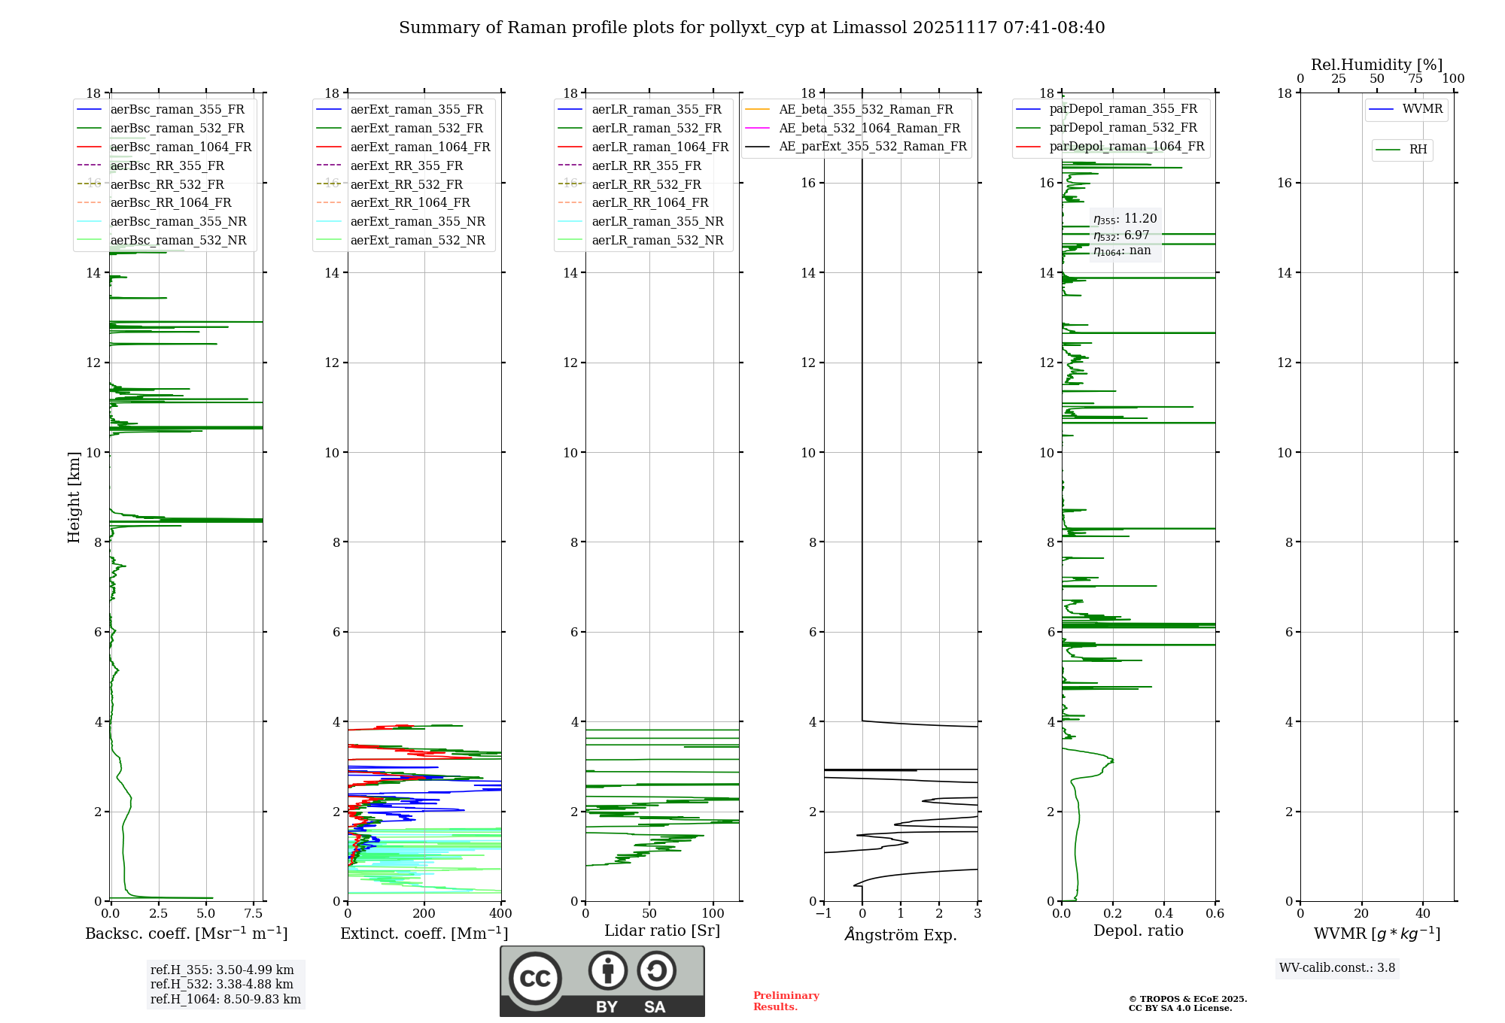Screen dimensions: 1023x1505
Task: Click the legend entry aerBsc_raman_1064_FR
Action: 181,147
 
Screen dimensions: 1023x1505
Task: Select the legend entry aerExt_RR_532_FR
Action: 406,184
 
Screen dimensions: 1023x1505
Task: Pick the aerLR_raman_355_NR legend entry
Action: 657,221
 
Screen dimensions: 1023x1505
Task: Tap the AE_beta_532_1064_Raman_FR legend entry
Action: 869,128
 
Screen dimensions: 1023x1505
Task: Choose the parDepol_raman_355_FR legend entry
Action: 1123,109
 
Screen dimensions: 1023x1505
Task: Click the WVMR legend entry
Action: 1422,109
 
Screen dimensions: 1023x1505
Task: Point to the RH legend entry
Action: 1418,150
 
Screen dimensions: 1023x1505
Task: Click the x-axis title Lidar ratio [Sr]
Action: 662,930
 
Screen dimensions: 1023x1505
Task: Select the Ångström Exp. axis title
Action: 901,934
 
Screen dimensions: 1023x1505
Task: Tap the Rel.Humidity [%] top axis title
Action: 1376,65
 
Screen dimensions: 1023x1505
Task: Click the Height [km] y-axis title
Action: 74,497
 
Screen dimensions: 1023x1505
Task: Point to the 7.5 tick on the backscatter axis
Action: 254,914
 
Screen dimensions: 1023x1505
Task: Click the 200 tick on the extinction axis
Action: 424,914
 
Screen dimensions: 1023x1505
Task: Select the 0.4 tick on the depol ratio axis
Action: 1164,914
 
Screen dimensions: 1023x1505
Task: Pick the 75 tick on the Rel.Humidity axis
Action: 1415,79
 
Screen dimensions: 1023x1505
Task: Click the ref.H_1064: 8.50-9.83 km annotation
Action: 225,1000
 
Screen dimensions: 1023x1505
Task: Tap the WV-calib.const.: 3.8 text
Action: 1337,968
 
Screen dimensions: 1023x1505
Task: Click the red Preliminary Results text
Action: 786,1001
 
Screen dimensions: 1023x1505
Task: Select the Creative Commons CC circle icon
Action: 535,979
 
